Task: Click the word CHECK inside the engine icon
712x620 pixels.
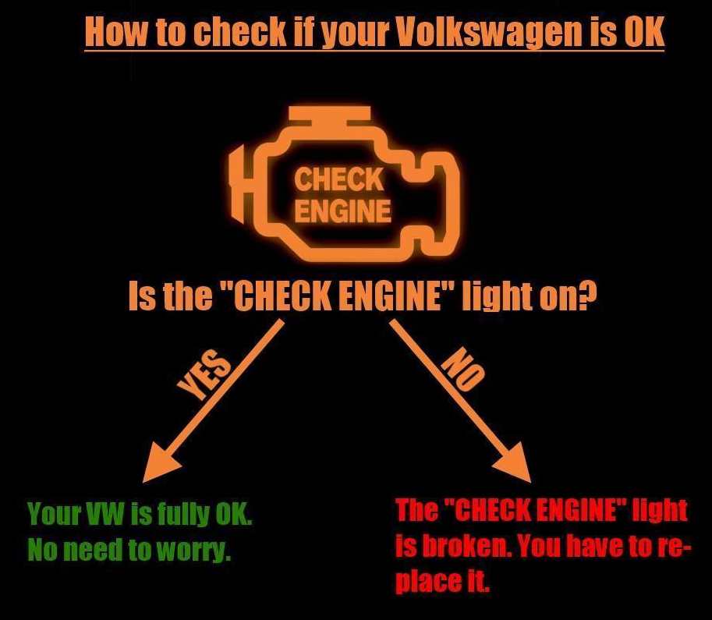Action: (338, 179)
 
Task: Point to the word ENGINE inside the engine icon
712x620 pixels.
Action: (343, 211)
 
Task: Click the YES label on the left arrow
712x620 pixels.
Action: (204, 376)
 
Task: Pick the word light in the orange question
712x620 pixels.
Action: (492, 296)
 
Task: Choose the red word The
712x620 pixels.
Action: (417, 510)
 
